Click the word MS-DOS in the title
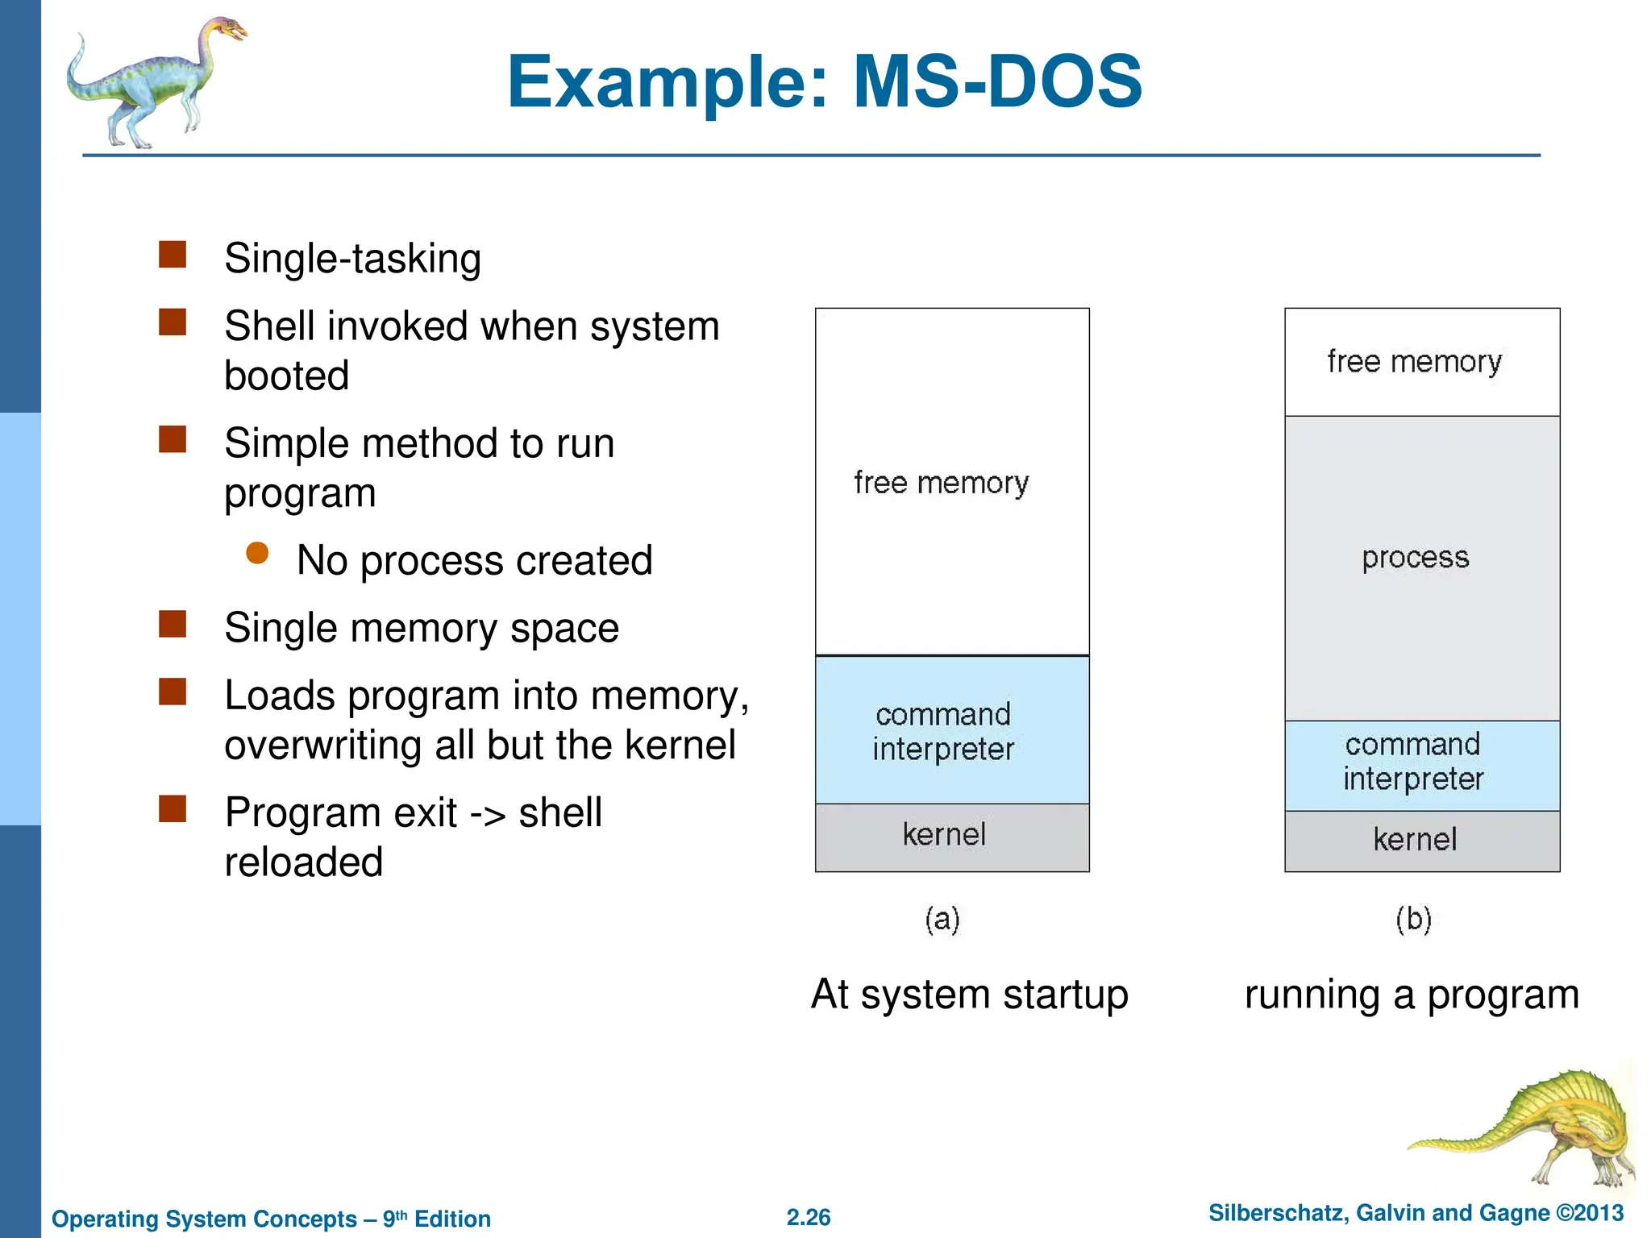click(x=997, y=81)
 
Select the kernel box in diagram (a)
click(x=952, y=837)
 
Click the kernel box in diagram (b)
click(x=1421, y=841)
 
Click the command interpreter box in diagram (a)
click(x=952, y=730)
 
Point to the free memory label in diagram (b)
click(x=1415, y=362)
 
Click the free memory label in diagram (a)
click(x=942, y=483)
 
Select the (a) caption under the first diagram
click(x=942, y=919)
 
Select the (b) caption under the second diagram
click(x=1413, y=919)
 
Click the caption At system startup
click(x=970, y=995)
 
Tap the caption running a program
click(x=1412, y=995)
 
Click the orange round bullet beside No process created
click(x=257, y=553)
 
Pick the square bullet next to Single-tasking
click(x=173, y=254)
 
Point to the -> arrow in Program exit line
click(x=487, y=814)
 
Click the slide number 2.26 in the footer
click(x=809, y=1217)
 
